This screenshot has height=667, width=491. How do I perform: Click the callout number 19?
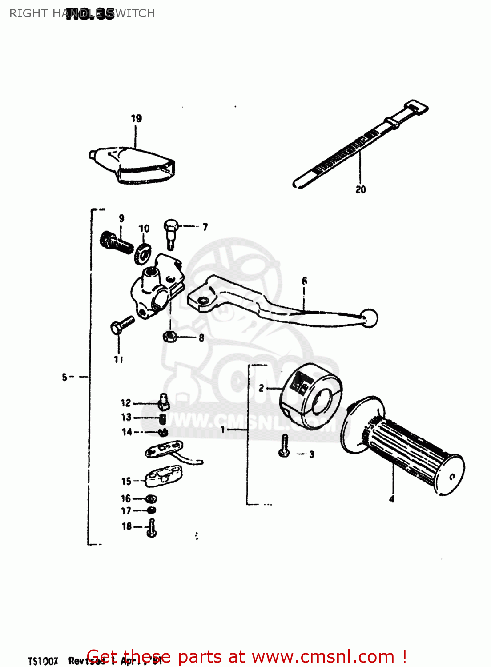pos(136,118)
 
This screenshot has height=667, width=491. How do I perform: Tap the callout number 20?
pos(361,189)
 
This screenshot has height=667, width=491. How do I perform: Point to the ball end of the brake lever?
pos(369,318)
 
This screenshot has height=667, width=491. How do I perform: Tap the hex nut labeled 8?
pos(169,337)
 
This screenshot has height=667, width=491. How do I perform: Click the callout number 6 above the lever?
pos(304,281)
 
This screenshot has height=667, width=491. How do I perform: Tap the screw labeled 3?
pos(284,446)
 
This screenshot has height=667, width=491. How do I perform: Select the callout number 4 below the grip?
pos(392,499)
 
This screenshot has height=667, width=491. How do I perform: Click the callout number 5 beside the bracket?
pos(65,377)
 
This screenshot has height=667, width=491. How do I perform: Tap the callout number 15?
pos(126,481)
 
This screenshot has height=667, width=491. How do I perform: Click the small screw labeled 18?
pos(152,528)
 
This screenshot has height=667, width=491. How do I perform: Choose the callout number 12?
pos(126,403)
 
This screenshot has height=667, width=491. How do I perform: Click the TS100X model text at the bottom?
pos(43,661)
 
